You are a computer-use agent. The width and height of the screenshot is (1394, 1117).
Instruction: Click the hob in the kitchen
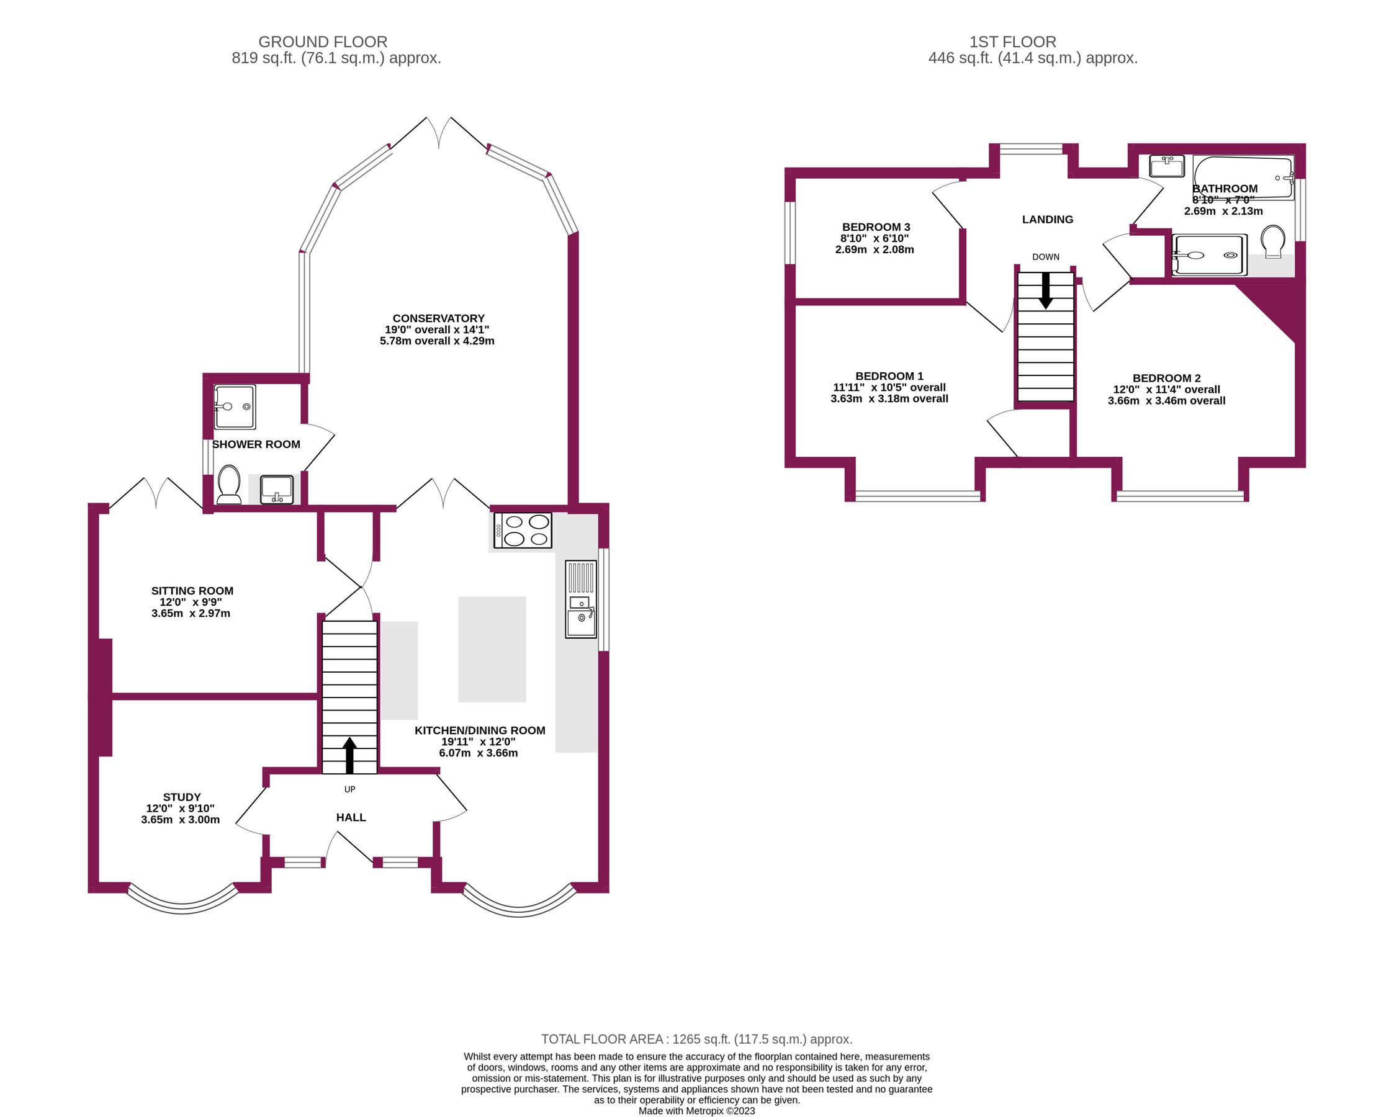523,531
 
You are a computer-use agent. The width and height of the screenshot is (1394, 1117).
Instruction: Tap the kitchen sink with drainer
580,599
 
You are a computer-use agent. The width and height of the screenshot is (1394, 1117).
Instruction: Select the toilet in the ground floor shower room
228,484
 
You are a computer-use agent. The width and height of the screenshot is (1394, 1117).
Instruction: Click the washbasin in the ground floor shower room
277,490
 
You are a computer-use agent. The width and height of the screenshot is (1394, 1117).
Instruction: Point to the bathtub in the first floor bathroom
1242,176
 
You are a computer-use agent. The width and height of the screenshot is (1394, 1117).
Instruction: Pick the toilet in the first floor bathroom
1273,241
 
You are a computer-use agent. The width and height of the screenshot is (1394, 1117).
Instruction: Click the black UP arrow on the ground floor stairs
350,755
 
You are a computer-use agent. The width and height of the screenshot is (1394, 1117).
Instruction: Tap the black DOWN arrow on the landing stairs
1045,290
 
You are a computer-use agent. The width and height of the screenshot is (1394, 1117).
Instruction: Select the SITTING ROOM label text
192,591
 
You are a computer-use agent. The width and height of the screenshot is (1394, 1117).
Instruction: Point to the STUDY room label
182,797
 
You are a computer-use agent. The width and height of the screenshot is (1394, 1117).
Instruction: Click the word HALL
351,818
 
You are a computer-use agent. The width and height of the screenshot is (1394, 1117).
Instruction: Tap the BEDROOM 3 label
876,227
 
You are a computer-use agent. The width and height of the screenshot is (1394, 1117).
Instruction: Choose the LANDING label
1048,220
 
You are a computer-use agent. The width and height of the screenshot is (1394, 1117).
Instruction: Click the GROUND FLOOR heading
323,42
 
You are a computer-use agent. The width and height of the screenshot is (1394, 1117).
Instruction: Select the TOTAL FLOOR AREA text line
696,1039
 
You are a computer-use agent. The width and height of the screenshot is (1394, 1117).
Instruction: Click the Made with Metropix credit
696,1111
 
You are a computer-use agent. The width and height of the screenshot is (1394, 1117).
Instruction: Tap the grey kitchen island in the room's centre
492,649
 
